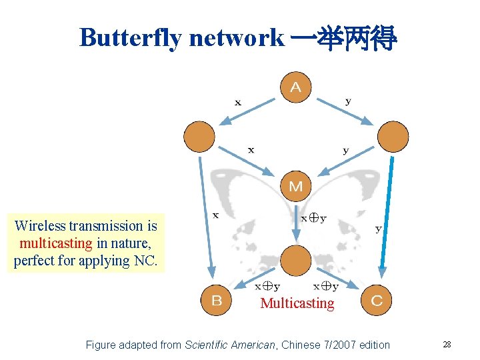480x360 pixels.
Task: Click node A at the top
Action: (295, 87)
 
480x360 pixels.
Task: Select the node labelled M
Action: (295, 186)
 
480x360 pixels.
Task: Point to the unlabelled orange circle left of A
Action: (199, 137)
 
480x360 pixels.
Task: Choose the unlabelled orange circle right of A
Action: (393, 137)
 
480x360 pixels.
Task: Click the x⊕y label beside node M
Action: (313, 218)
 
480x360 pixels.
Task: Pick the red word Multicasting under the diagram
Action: (297, 303)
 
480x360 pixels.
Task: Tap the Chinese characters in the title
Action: (344, 38)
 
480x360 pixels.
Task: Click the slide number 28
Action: (447, 345)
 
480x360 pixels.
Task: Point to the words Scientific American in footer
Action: (229, 345)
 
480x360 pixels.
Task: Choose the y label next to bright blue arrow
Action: (378, 229)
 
